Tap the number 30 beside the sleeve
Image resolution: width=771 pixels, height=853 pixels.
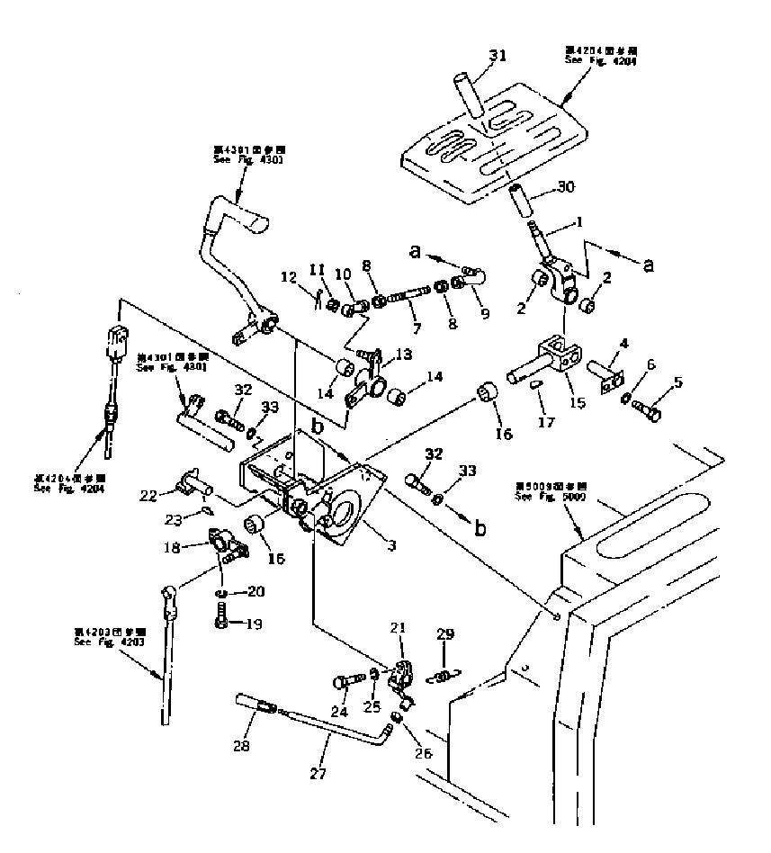point(564,187)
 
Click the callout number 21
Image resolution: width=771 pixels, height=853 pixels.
point(399,651)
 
